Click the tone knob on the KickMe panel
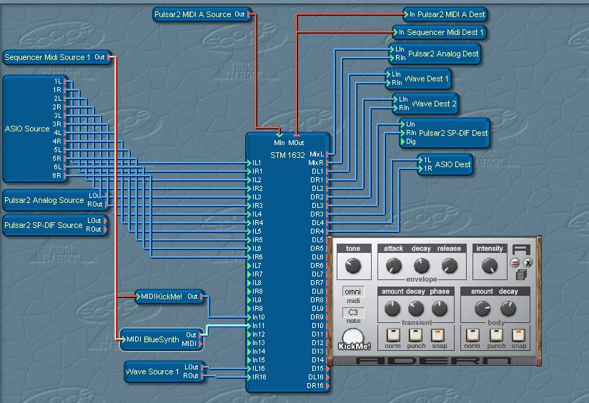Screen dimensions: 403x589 pyautogui.click(x=352, y=267)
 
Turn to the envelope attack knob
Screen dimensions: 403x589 pyautogui.click(x=393, y=267)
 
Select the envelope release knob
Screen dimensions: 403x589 pyautogui.click(x=449, y=267)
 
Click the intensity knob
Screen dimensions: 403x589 pyautogui.click(x=489, y=267)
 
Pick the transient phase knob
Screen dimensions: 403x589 pyautogui.click(x=440, y=309)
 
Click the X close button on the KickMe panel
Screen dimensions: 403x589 pyautogui.click(x=528, y=262)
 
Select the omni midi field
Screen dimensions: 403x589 pyautogui.click(x=353, y=292)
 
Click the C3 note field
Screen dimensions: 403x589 pyautogui.click(x=353, y=312)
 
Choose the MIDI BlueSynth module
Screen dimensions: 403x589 pyautogui.click(x=152, y=340)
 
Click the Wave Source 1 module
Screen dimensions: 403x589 pyautogui.click(x=153, y=372)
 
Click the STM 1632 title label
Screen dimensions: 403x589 pyautogui.click(x=287, y=154)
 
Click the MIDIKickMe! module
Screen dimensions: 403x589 pyautogui.click(x=162, y=297)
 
